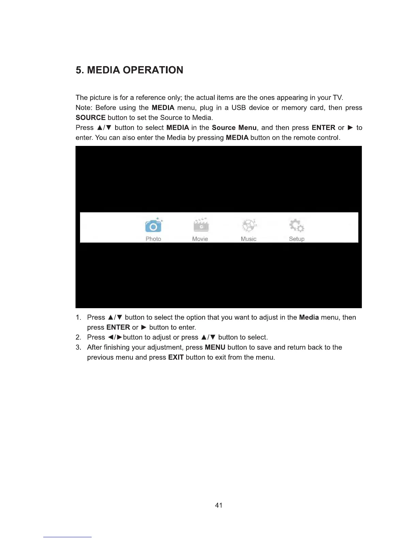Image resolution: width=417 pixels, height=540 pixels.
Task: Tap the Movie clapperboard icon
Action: [201, 225]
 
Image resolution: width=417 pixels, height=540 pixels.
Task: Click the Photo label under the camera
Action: [153, 239]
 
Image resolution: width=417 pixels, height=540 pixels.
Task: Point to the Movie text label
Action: [200, 239]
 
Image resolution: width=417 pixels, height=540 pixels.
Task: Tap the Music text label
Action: [248, 239]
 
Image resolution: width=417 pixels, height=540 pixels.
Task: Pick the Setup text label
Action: [297, 239]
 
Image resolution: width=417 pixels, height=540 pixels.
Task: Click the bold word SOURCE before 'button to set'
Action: [90, 118]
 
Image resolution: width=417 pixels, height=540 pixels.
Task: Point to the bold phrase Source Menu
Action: [234, 128]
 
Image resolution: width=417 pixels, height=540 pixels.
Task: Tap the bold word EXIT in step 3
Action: [176, 358]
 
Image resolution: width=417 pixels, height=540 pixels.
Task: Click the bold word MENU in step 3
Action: [215, 348]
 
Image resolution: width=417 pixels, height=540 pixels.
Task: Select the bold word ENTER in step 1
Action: [118, 328]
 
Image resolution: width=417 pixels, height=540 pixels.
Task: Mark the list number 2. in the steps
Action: [78, 337]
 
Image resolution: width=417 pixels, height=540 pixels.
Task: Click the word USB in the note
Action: [238, 108]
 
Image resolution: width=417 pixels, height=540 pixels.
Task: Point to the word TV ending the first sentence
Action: [337, 98]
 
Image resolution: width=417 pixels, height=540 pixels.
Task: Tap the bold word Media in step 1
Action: [309, 318]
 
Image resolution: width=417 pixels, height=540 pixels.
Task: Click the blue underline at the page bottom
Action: [67, 537]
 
